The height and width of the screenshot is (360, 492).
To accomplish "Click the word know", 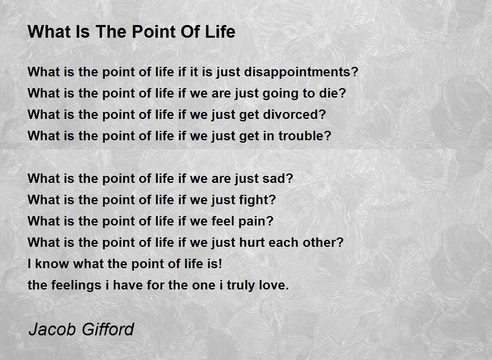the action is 52,263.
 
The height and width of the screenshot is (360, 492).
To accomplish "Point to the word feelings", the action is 76,285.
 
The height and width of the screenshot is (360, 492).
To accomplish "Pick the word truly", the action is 241,285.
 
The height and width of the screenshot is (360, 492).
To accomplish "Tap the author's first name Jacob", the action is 52,329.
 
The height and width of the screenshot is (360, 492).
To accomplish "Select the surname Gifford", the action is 108,329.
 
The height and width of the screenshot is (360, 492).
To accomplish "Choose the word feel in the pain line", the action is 223,221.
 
